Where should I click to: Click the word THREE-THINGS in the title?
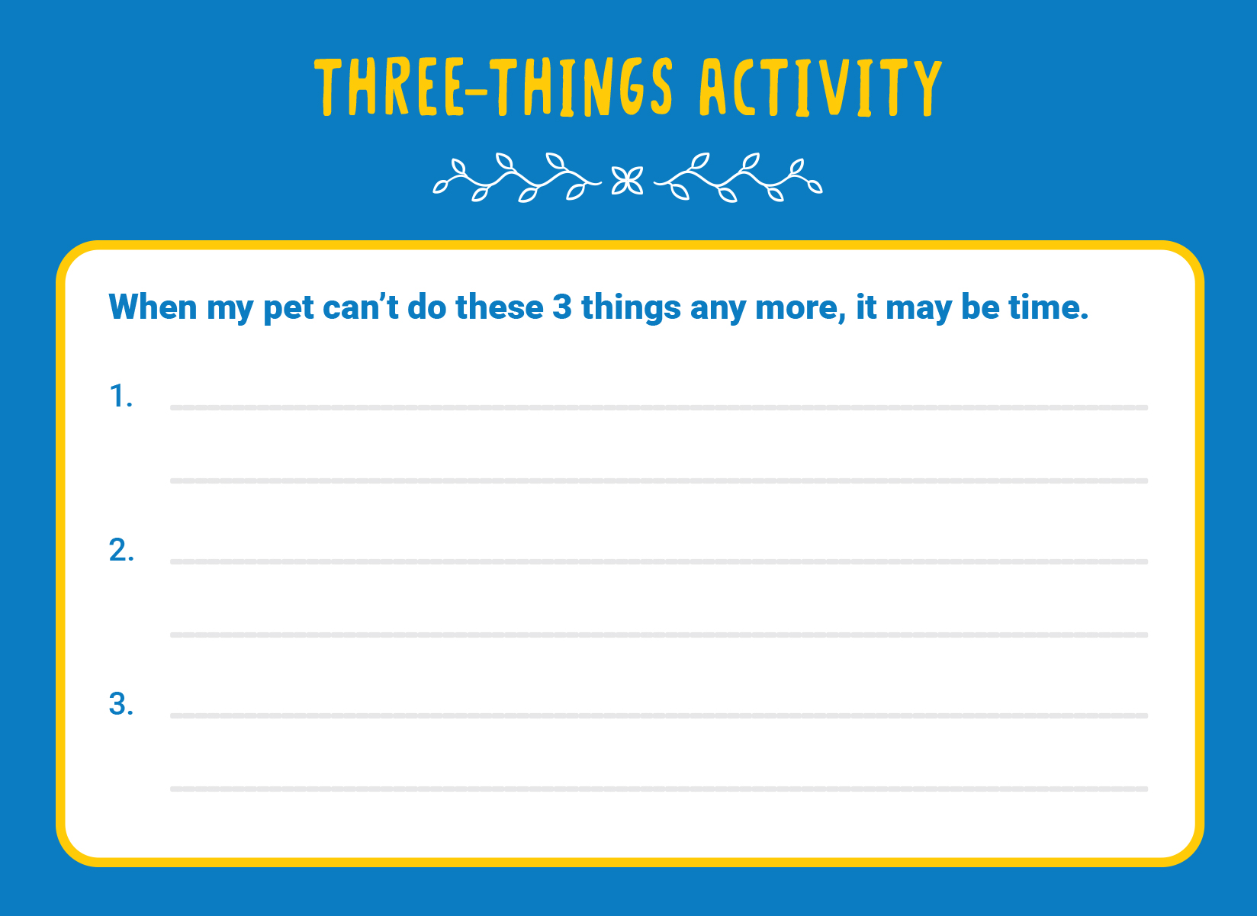[x=493, y=86]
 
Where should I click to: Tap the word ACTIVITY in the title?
[x=821, y=88]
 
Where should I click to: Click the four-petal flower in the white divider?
[x=627, y=181]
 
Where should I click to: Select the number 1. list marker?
[x=121, y=396]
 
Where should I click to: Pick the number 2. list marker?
[x=121, y=549]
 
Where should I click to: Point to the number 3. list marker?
[x=121, y=703]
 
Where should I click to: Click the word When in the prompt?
[x=153, y=307]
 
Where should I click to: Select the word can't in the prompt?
[x=361, y=307]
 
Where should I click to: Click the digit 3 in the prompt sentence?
[x=562, y=307]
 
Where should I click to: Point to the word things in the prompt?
[x=632, y=309]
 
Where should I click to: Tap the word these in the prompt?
[x=500, y=307]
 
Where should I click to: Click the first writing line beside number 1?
[x=659, y=407]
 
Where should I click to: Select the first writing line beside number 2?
[x=659, y=561]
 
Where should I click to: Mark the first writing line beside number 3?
[x=659, y=715]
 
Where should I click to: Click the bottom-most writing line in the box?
[x=659, y=789]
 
